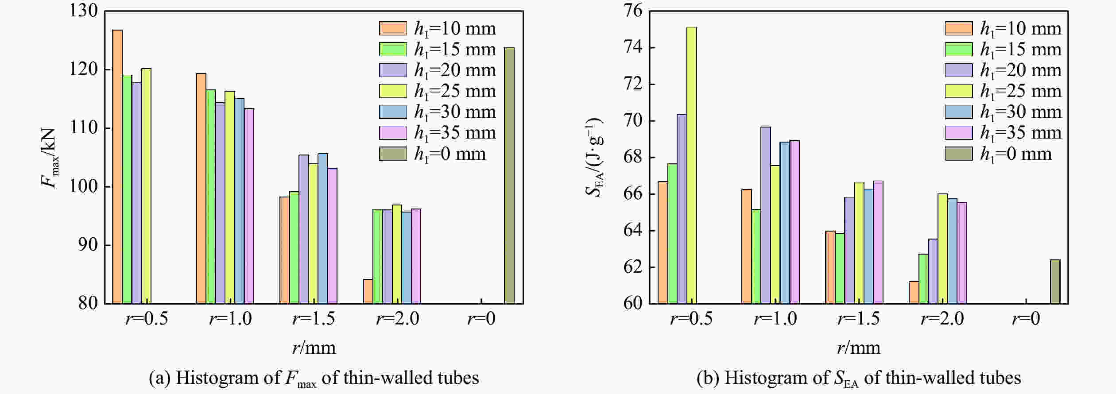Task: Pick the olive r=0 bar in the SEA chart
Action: [1055, 282]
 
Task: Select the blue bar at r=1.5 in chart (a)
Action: [323, 228]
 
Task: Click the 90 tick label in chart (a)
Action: [88, 245]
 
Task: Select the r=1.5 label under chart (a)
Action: [314, 319]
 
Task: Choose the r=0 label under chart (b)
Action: [1026, 319]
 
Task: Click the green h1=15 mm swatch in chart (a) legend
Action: [393, 49]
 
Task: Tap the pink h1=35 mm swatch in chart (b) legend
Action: [959, 133]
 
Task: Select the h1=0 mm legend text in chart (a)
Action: [450, 154]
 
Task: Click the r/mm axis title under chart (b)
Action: [858, 348]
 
